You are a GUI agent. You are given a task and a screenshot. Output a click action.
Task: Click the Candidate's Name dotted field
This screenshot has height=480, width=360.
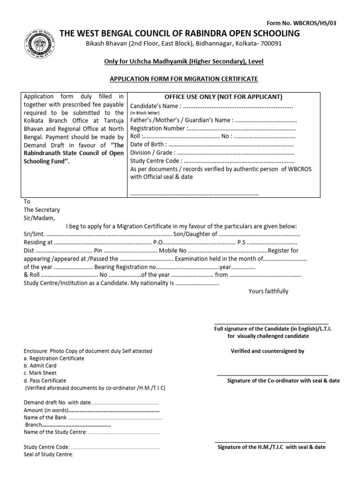(x=238, y=106)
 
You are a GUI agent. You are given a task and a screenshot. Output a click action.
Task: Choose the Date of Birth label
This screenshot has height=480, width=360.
(x=148, y=144)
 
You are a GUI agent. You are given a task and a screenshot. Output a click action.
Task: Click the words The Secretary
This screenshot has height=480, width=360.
(x=42, y=210)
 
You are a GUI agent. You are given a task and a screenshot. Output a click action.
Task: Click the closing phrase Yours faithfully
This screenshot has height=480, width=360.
(x=268, y=291)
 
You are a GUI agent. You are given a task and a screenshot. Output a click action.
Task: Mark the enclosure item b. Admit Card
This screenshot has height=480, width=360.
(x=40, y=366)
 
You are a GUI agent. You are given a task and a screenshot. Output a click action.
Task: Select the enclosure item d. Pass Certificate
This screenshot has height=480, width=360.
(x=45, y=381)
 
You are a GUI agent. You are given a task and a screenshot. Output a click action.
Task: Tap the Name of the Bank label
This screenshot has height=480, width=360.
(x=45, y=417)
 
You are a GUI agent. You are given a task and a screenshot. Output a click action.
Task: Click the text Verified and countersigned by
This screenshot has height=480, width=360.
(x=268, y=351)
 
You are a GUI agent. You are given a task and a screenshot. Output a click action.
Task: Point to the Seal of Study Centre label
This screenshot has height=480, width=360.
(x=48, y=454)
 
